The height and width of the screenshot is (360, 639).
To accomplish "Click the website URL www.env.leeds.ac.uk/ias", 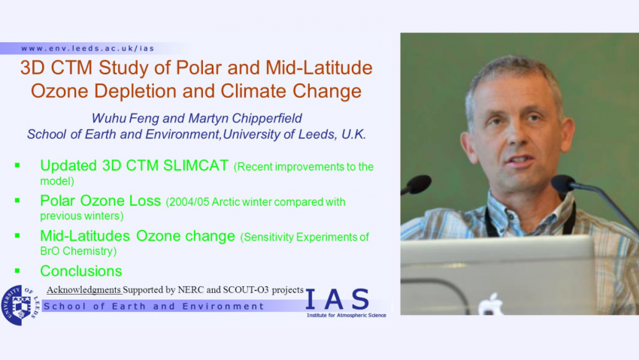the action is coord(88,48).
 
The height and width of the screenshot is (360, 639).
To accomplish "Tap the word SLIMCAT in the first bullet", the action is coord(195,166).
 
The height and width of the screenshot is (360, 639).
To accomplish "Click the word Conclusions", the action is coord(81,271).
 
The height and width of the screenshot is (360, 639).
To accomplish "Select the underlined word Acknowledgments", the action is coord(83,289).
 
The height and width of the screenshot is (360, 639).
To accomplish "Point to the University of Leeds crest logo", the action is coord(20,305).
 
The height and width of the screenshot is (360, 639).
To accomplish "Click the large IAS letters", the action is coord(338,299).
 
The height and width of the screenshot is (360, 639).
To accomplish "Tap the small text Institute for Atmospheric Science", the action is coord(347,315).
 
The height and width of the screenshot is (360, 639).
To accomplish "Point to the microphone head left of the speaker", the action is coord(417,184).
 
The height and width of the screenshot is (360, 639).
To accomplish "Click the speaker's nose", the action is coord(517,135).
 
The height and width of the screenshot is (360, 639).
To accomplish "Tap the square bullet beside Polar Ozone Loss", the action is coord(17,201).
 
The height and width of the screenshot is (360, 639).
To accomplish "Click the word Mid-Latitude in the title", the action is coord(319,68).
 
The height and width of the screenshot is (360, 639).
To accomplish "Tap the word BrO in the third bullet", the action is coord(50,251).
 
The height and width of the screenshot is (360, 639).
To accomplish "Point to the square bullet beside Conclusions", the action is coord(17,271).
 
